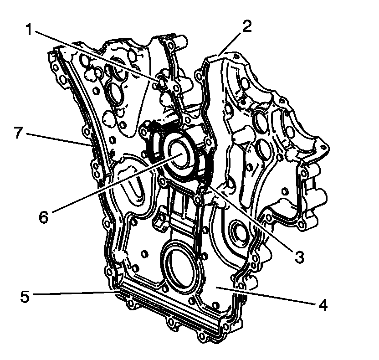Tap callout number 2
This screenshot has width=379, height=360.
[x=246, y=26]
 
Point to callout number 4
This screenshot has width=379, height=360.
[x=323, y=304]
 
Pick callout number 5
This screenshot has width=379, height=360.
[x=25, y=296]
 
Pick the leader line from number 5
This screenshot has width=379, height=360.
[x=73, y=293]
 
